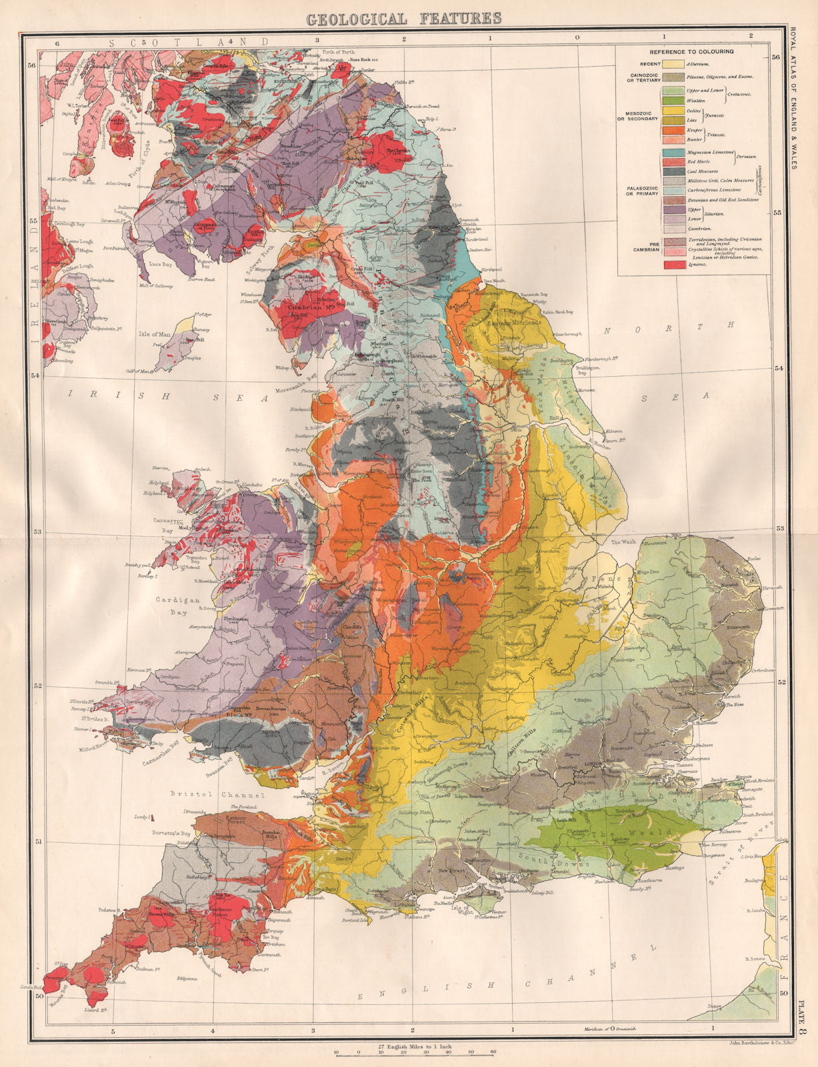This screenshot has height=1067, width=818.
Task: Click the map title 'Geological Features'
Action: click(x=403, y=19)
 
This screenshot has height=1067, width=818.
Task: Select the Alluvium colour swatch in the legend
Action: click(x=674, y=64)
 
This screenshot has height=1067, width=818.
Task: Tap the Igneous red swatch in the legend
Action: click(x=674, y=265)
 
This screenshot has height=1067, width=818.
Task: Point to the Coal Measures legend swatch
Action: click(x=674, y=171)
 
